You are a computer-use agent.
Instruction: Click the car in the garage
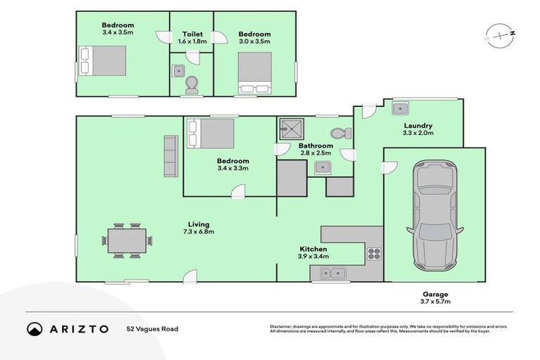pyautogui.click(x=433, y=215)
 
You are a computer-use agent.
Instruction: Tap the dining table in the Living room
pyautogui.click(x=128, y=241)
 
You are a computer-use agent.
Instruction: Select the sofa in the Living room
pyautogui.click(x=170, y=155)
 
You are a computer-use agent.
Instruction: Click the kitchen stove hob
pyautogui.click(x=373, y=255)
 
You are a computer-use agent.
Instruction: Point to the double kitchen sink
pyautogui.click(x=329, y=273)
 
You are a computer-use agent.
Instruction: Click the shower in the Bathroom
pyautogui.click(x=290, y=128)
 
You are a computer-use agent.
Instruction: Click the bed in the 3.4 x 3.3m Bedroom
pyautogui.click(x=211, y=132)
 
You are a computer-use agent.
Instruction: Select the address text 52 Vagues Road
pyautogui.click(x=153, y=328)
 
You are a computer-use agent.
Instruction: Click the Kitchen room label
pyautogui.click(x=313, y=250)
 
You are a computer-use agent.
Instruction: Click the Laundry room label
pyautogui.click(x=418, y=125)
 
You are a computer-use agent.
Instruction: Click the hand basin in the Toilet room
pyautogui.click(x=179, y=69)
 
